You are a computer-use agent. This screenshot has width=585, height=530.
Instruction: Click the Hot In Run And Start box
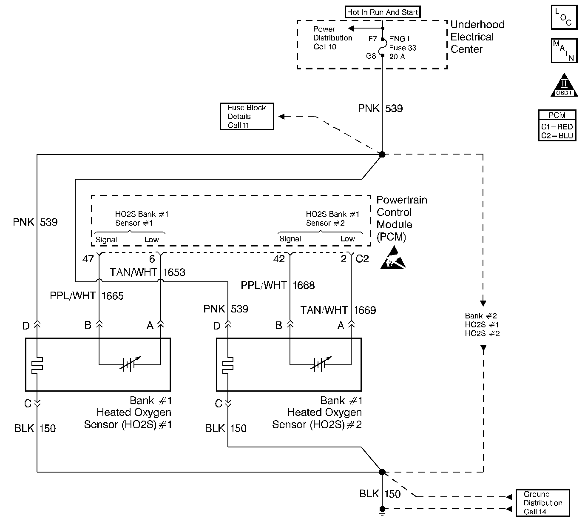382,12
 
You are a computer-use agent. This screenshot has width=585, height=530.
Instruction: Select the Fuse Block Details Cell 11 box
247,116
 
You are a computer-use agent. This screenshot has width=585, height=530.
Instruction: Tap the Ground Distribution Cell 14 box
542,503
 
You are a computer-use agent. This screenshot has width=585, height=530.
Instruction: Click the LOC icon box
564,17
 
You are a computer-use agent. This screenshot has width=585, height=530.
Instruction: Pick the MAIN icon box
564,50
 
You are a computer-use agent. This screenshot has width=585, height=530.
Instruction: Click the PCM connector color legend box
557,126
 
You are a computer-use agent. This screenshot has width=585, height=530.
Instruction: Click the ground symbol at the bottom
382,511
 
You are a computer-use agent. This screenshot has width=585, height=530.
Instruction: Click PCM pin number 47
88,259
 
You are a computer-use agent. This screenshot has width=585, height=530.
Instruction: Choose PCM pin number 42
279,259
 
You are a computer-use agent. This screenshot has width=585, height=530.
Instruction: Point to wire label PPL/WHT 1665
87,296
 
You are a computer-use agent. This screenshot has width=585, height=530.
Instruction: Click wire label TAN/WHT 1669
338,310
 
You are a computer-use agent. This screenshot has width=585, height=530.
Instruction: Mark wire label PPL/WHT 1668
278,285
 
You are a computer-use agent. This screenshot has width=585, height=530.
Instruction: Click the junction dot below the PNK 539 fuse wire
382,154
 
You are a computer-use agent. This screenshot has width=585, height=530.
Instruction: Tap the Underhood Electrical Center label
477,37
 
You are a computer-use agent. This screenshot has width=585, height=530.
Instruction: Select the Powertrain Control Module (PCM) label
401,218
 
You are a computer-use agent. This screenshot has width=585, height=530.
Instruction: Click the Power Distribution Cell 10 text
332,38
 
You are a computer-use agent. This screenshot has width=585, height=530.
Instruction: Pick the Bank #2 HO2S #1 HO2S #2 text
482,325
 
